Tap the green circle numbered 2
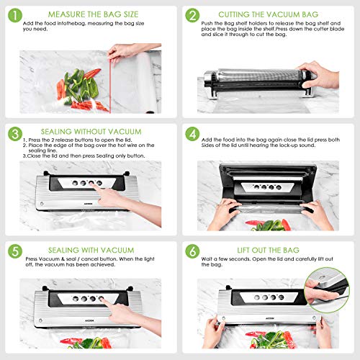coord(192,15)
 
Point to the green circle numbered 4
coord(192,133)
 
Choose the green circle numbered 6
coord(192,252)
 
